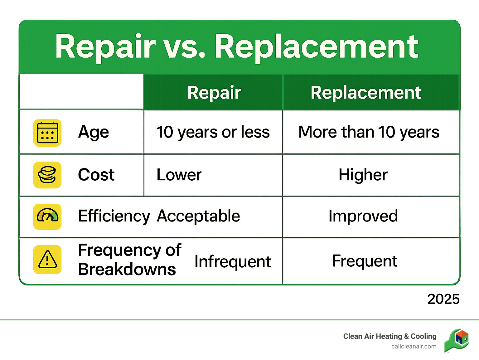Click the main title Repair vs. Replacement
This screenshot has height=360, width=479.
tap(237, 47)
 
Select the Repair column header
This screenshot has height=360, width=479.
tap(214, 93)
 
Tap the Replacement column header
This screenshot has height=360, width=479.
tap(366, 93)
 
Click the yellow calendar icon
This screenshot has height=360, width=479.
tap(47, 133)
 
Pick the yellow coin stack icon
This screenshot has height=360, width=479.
tap(47, 175)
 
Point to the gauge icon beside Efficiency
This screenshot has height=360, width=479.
tap(47, 216)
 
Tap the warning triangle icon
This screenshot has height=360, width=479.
tap(47, 260)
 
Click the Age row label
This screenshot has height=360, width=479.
tap(94, 132)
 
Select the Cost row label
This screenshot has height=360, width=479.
tap(96, 175)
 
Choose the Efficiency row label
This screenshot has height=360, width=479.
tap(114, 216)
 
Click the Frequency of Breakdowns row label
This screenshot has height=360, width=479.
tap(130, 259)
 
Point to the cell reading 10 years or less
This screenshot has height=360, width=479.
tap(213, 132)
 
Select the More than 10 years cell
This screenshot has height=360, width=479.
tap(369, 132)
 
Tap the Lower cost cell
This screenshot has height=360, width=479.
tap(179, 175)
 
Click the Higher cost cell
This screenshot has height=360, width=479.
tap(363, 175)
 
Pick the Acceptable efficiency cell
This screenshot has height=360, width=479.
tap(198, 216)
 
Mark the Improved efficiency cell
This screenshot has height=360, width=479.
tap(363, 216)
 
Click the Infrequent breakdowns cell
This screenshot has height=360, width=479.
tap(233, 261)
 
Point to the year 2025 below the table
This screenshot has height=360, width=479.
tap(443, 299)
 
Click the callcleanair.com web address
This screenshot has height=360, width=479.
tap(414, 347)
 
